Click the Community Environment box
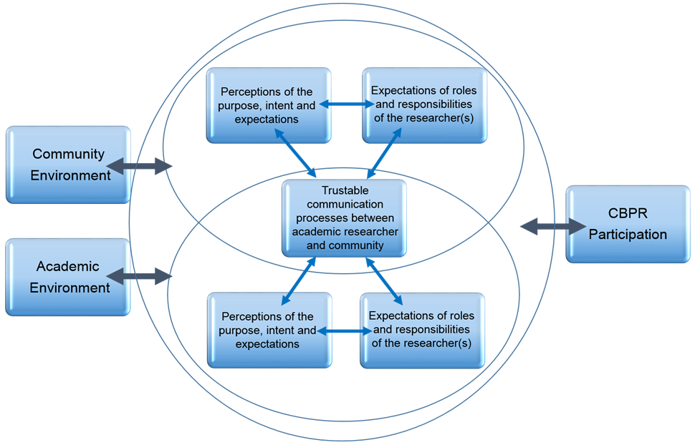(68, 165)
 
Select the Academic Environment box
(68, 277)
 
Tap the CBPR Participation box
(628, 224)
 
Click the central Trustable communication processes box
(344, 218)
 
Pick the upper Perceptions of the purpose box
(268, 105)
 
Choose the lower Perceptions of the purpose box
(268, 330)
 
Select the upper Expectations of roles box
(423, 104)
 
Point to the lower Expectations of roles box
(421, 330)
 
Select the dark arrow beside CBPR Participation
(553, 227)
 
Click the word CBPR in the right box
(628, 214)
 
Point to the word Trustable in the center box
(343, 191)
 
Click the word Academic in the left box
(68, 267)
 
